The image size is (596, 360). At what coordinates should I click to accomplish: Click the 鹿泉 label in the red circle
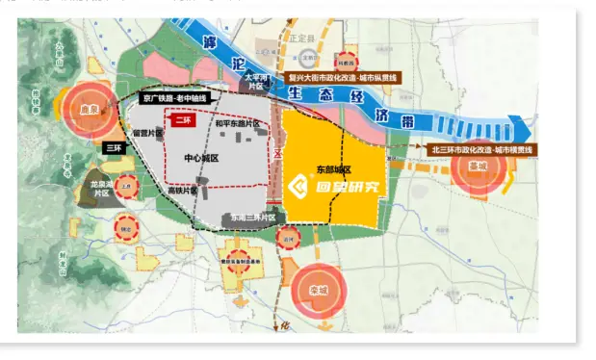[91, 110]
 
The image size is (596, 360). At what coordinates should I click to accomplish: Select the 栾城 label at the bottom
[319, 290]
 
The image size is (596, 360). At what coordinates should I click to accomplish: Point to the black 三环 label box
[114, 148]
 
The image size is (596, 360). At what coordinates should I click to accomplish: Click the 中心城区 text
[200, 157]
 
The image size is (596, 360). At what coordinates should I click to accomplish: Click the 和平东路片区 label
[237, 124]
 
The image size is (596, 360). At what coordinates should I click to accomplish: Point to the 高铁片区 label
[181, 191]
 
